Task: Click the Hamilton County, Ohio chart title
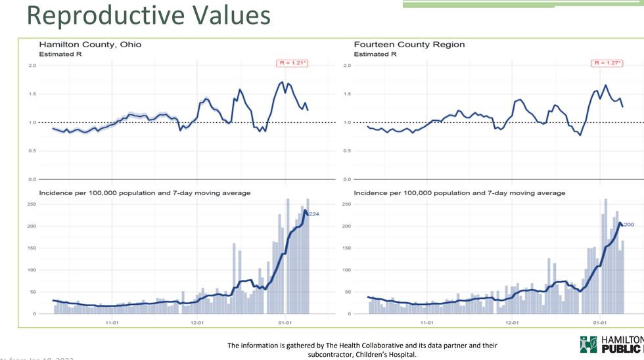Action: coord(90,45)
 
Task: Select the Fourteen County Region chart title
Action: coord(409,45)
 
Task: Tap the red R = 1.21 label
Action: coord(291,63)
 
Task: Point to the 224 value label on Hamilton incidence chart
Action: coord(313,214)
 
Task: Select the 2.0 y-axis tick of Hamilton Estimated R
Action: coord(32,66)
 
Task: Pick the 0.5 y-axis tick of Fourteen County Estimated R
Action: coord(346,151)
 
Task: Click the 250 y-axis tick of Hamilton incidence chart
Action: coord(31,204)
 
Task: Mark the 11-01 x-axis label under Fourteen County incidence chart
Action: coord(427,323)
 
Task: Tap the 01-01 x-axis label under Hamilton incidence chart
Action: coord(285,323)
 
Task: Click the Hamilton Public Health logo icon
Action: coord(588,344)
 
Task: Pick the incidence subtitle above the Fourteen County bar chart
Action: coord(459,193)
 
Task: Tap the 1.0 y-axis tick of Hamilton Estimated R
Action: coord(32,123)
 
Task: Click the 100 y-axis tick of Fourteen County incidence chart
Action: coord(346,270)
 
